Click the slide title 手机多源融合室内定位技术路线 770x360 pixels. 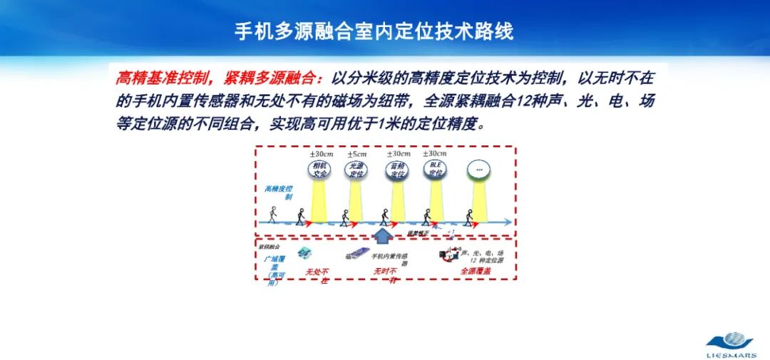[x=374, y=31]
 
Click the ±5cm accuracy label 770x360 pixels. [x=356, y=154]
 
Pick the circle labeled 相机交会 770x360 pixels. [x=318, y=170]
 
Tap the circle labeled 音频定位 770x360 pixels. [x=397, y=170]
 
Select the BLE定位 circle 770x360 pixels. [x=435, y=170]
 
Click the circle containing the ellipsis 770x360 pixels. [x=478, y=170]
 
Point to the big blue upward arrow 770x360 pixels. [x=384, y=235]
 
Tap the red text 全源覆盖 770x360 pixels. [x=476, y=272]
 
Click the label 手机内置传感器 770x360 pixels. [x=391, y=258]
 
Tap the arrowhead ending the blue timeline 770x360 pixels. [x=507, y=222]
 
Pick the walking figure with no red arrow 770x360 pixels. [x=272, y=214]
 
